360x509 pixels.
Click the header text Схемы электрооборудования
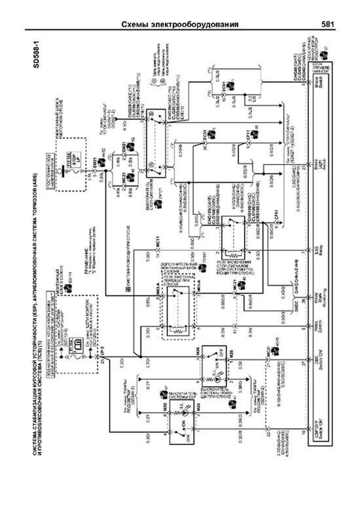[180, 25]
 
